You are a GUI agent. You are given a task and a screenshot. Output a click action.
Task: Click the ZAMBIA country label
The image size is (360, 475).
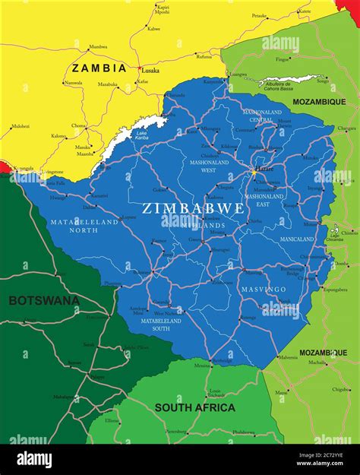point(99,68)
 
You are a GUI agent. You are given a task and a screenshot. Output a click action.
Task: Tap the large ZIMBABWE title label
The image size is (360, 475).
point(194,207)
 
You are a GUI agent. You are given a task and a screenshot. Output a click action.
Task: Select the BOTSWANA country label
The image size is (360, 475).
point(43,300)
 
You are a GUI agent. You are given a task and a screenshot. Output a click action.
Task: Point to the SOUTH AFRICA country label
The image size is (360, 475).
point(195,407)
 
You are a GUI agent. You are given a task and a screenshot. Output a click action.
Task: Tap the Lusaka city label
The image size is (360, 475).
point(150,70)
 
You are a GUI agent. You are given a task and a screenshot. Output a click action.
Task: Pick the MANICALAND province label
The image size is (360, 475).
point(296,239)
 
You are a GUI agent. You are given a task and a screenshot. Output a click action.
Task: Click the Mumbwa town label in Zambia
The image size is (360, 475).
point(98,46)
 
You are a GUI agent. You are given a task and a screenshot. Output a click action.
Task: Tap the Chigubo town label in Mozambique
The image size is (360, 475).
point(341,389)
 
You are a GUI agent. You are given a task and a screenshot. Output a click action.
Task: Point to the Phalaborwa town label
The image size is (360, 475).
point(243,432)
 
